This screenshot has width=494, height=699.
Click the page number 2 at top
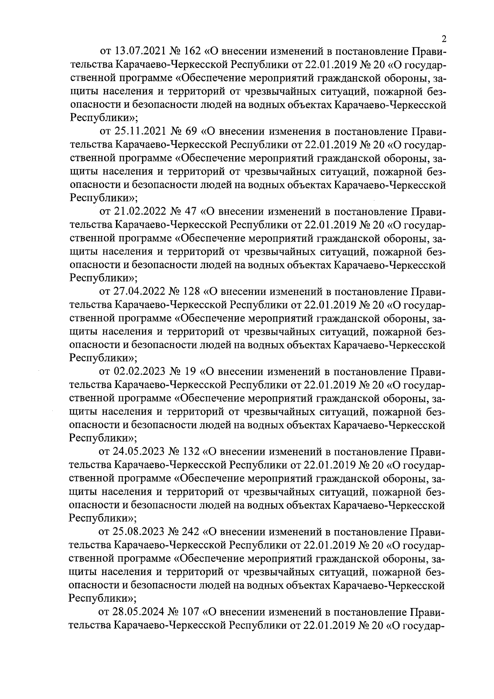tap(444, 39)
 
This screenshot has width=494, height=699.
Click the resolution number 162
tap(192, 51)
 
